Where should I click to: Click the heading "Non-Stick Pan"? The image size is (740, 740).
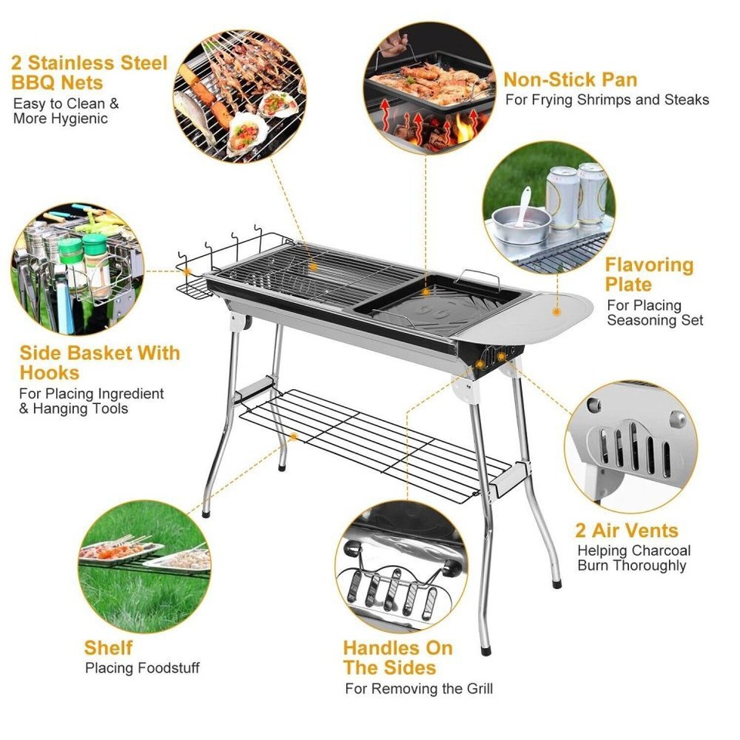(570, 79)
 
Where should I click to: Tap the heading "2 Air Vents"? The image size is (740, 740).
(627, 530)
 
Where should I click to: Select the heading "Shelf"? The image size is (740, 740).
(109, 647)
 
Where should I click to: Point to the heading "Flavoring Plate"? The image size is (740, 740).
(649, 274)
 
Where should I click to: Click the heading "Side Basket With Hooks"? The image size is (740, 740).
(99, 363)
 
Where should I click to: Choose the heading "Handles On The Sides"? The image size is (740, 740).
(399, 658)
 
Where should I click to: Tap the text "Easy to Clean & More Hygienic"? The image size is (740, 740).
(66, 111)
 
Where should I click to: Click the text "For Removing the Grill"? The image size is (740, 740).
(419, 688)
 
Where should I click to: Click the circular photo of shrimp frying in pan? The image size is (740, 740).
(429, 88)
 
